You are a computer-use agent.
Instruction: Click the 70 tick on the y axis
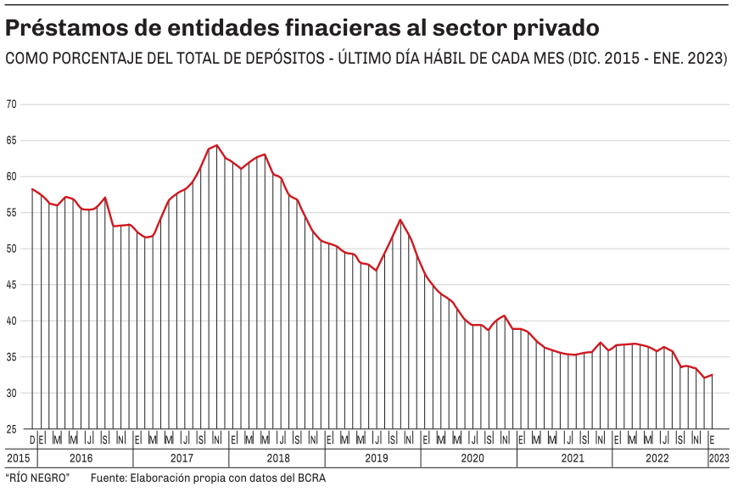coord(11,104)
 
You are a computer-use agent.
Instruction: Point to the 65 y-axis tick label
coord(11,141)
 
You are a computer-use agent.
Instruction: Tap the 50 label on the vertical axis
coord(11,249)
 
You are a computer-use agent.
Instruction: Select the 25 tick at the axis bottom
coord(11,430)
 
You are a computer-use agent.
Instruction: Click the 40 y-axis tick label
coord(11,321)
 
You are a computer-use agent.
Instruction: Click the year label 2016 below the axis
coord(81,458)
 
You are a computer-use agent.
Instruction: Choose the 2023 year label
coord(718,458)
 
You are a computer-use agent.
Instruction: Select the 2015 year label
coord(17,458)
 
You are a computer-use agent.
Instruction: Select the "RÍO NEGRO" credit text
coord(37,478)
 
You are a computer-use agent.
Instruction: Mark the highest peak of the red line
coord(216,145)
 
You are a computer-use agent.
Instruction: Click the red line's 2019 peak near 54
coord(400,220)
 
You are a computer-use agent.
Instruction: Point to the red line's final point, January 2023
coord(713,375)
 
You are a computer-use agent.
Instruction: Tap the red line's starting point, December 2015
coord(32,188)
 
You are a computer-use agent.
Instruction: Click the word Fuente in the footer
coord(109,478)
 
